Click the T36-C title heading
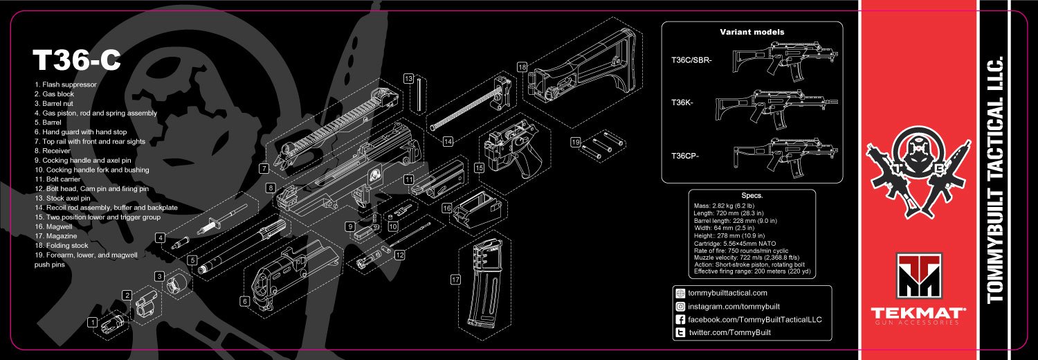[76, 60]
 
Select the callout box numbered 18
[522, 67]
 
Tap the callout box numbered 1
[93, 322]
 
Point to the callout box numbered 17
[455, 280]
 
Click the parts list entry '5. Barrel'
[48, 123]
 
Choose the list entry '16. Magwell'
[53, 226]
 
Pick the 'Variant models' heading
[752, 32]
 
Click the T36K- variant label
[682, 102]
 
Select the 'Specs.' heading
[752, 195]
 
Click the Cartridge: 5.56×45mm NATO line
[734, 243]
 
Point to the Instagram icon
[680, 306]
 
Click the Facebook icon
[680, 319]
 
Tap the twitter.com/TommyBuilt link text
[730, 332]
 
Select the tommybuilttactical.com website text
[727, 293]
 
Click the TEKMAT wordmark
[918, 312]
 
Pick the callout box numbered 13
[408, 79]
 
